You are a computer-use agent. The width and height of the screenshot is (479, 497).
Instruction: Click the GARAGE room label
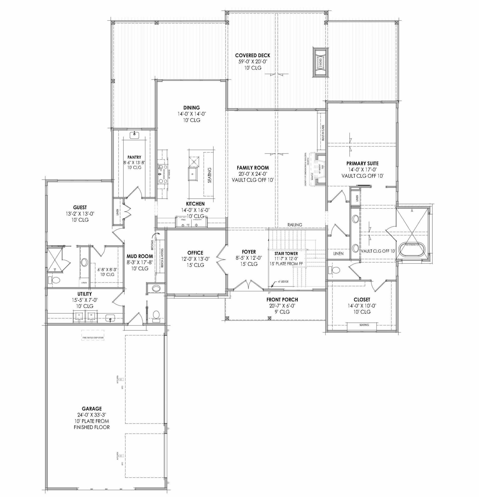(x=92, y=409)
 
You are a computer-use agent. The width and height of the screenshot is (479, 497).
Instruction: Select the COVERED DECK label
(x=253, y=55)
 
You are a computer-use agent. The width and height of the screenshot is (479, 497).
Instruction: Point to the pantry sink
(x=134, y=135)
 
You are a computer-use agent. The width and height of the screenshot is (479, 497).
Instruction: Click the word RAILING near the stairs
(x=295, y=225)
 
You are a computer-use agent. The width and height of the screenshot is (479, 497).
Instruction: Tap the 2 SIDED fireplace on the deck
(x=320, y=62)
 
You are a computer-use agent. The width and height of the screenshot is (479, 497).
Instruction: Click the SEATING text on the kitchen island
(x=209, y=175)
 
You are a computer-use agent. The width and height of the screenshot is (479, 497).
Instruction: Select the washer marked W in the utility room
(x=91, y=315)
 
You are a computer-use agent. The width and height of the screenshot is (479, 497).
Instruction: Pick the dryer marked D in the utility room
(x=79, y=315)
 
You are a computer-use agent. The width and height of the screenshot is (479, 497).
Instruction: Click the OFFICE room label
(x=195, y=253)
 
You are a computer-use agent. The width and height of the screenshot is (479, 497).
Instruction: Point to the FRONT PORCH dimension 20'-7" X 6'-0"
(x=282, y=306)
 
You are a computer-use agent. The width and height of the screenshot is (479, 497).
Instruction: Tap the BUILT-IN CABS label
(x=323, y=133)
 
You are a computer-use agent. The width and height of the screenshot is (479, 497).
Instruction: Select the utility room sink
(x=110, y=318)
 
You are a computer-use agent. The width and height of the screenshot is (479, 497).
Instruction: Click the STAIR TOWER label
(x=286, y=253)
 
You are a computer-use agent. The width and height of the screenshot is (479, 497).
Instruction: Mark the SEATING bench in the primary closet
(x=364, y=325)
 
